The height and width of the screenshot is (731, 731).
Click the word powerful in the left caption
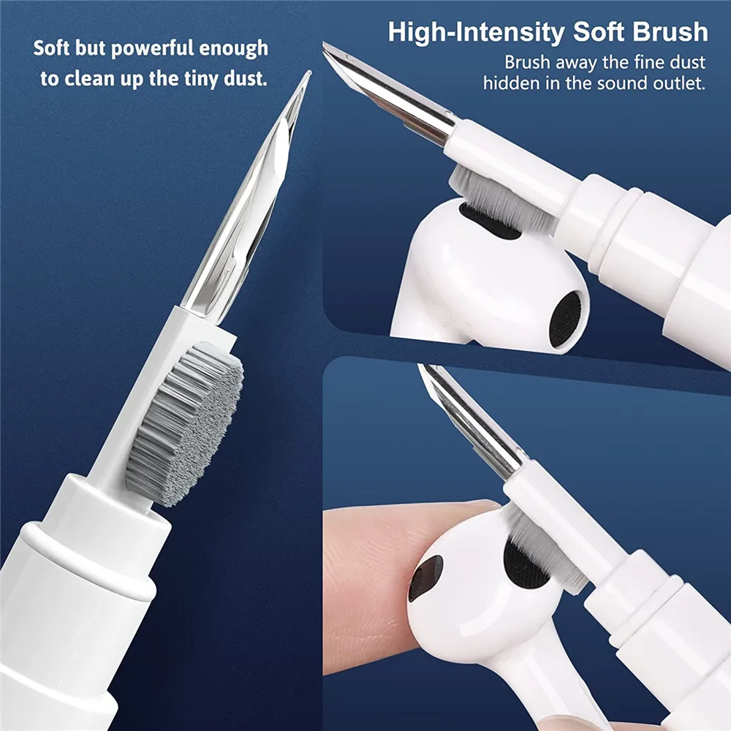pyautogui.click(x=145, y=49)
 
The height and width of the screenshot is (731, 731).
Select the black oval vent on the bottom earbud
pyautogui.click(x=425, y=577)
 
